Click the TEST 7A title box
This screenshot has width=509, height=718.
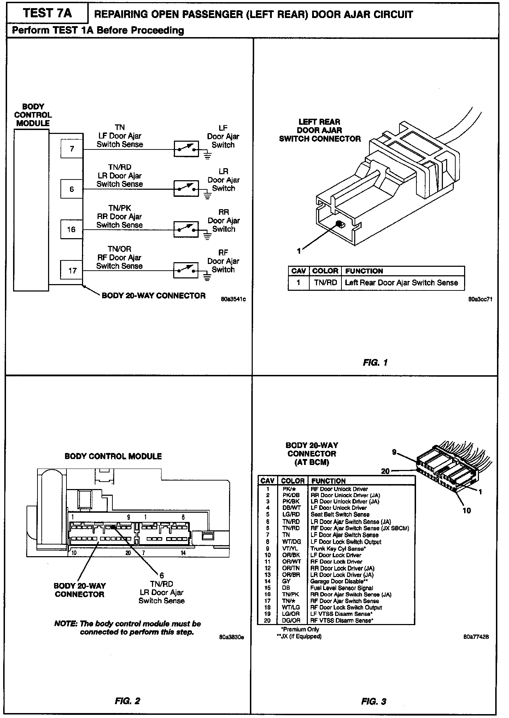[47, 14]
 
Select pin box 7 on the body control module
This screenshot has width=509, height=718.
[72, 149]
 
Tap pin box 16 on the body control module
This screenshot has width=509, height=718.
[71, 229]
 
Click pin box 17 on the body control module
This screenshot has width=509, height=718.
[72, 271]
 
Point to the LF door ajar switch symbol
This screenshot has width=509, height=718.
[186, 149]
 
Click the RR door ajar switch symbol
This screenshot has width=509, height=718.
[186, 229]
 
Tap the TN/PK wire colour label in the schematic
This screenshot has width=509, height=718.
[119, 208]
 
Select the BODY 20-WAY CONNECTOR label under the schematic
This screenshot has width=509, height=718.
[153, 296]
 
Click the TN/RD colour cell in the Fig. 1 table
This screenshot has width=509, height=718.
[325, 283]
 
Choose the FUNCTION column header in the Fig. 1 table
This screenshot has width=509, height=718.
[364, 271]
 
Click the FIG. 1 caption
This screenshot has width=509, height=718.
[375, 363]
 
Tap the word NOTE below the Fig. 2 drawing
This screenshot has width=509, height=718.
[66, 624]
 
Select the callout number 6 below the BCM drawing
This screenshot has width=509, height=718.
[162, 576]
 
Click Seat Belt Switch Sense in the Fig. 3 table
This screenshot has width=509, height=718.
[340, 514]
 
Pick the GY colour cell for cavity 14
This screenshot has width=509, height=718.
[286, 581]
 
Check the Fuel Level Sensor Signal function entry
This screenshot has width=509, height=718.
[341, 588]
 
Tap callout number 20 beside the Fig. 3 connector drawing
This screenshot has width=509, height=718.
[385, 471]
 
